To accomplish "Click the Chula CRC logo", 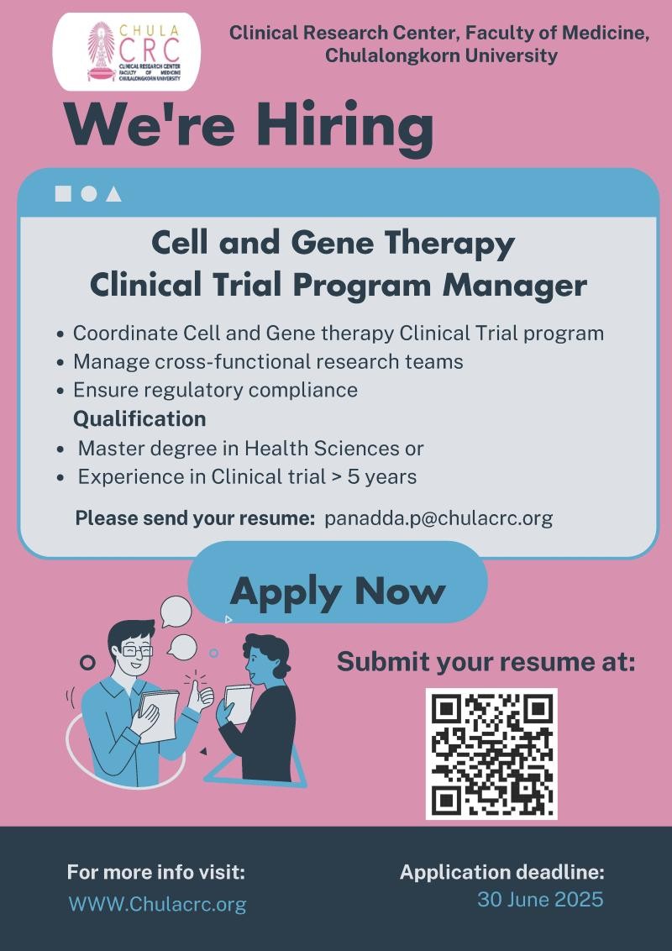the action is click(127, 51).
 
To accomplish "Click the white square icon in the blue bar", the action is click(63, 193).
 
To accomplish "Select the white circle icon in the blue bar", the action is click(89, 193).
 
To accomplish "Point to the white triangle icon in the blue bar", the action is click(113, 194).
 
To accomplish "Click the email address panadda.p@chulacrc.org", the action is click(438, 518).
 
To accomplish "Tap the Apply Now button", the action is click(338, 583).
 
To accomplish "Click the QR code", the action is click(491, 754).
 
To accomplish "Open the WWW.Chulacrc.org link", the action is click(158, 904).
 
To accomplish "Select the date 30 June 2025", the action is click(540, 899).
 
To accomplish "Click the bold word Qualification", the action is click(139, 419).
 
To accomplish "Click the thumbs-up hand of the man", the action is click(200, 695).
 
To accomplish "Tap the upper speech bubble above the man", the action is click(176, 612).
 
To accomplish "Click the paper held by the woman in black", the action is click(239, 704).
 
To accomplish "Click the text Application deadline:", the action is click(502, 872).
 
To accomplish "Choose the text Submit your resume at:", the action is click(486, 662).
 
